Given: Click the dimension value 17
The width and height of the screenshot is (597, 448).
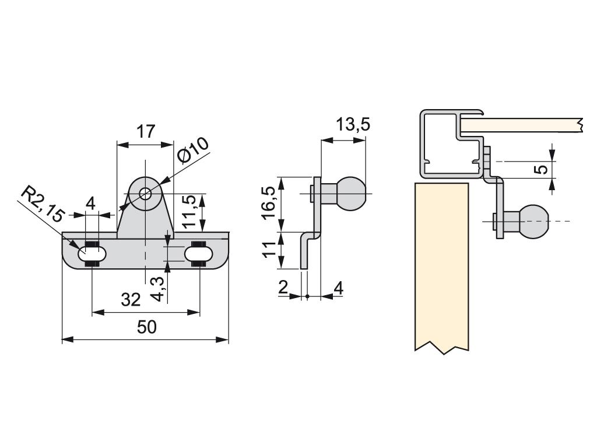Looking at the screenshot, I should coord(145,131).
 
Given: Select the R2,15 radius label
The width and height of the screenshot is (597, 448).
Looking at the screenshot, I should coord(40,204).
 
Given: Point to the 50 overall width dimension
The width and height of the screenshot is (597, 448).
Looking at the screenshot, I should coord(147,327).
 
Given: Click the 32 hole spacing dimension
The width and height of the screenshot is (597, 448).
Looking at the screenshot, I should coord(131,300).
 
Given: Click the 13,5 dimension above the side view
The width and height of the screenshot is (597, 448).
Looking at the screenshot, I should coord(353,125).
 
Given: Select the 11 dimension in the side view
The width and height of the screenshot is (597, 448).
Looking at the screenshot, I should coord(269,250).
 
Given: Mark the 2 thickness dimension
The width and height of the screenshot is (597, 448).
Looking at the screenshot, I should coord(283,288).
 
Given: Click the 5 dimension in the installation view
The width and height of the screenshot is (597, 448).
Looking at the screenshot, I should coord(542,169).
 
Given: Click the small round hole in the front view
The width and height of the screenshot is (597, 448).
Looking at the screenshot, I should coord(145,192).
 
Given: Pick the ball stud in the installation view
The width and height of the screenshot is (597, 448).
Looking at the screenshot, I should coord(533,221).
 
